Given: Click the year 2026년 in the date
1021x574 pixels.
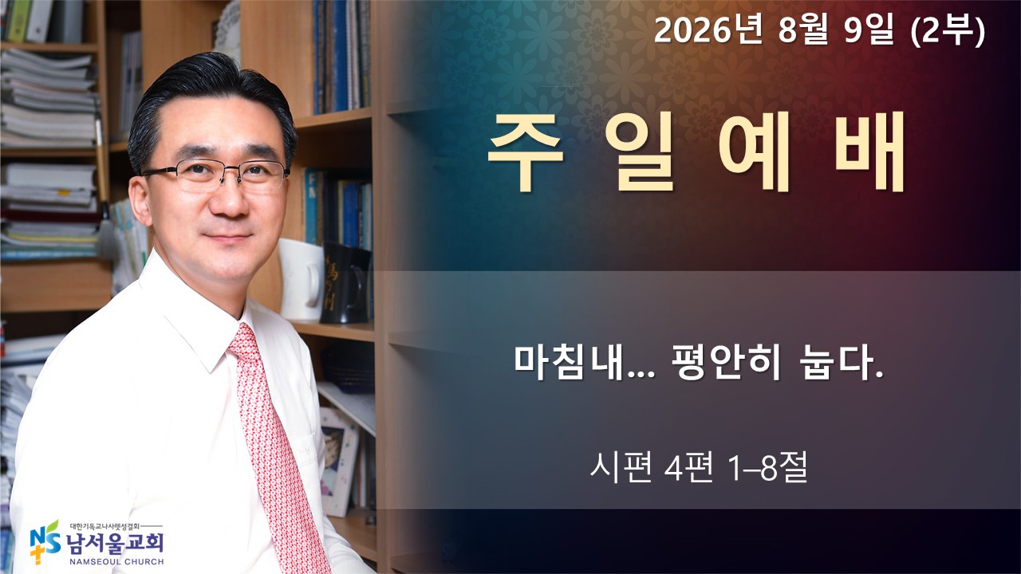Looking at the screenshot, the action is [708, 31].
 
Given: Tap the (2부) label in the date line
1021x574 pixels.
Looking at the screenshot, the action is [948, 32].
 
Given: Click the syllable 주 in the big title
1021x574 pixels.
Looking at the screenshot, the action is [526, 152].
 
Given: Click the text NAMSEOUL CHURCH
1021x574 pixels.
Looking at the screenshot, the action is [116, 562].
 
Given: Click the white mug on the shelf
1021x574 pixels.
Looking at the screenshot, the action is [301, 279].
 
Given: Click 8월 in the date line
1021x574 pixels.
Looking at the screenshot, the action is [802, 31].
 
